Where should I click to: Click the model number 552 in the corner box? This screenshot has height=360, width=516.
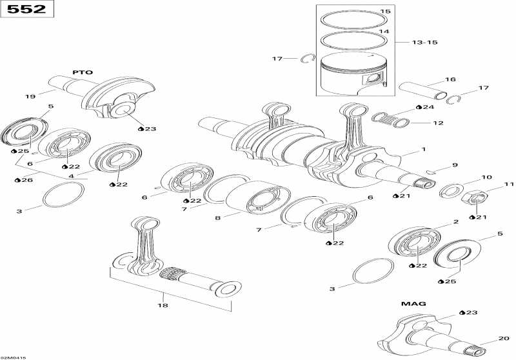(26, 9)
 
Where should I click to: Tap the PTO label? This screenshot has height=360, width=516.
(83, 72)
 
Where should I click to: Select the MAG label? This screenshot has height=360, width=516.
(413, 304)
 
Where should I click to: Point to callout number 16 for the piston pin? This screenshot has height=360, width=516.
(450, 79)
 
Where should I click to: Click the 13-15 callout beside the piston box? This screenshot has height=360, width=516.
(425, 43)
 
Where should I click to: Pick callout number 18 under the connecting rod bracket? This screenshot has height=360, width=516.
(163, 305)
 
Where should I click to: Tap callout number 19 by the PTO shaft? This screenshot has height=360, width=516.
(30, 96)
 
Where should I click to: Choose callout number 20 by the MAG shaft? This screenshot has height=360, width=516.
(504, 338)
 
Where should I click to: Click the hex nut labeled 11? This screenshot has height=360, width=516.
(474, 198)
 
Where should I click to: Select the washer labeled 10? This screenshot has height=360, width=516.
(451, 191)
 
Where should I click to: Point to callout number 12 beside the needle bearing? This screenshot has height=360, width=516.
(439, 123)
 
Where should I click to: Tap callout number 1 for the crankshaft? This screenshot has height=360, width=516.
(424, 150)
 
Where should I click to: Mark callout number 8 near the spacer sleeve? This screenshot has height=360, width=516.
(217, 218)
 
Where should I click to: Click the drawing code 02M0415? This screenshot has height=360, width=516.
(13, 357)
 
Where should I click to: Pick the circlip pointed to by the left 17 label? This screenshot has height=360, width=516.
(308, 59)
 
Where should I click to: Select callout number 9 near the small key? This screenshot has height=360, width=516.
(455, 165)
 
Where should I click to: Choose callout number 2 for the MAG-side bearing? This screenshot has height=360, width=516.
(456, 222)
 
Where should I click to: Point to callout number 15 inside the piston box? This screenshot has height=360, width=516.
(385, 12)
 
